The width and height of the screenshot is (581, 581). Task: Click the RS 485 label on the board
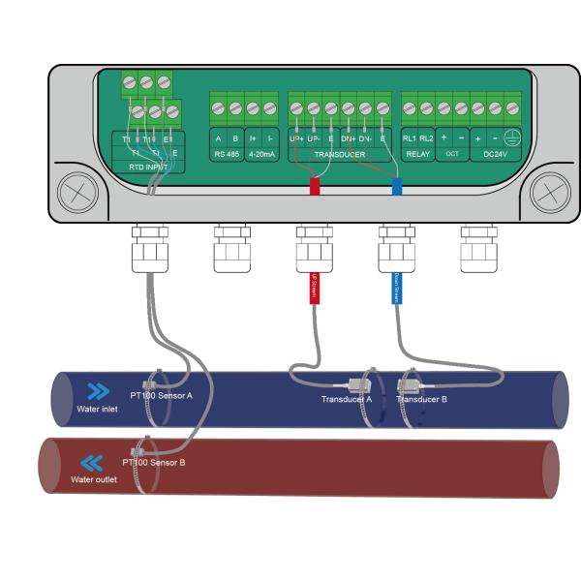click(227, 154)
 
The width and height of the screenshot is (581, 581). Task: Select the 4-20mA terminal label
click(261, 154)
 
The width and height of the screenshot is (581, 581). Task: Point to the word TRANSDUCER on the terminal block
click(340, 154)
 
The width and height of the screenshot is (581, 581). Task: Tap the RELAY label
click(418, 154)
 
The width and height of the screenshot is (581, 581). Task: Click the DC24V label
click(496, 154)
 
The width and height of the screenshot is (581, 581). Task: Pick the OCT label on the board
click(452, 154)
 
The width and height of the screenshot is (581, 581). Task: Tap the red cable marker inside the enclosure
click(315, 187)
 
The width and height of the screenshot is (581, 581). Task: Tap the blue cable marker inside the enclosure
click(397, 187)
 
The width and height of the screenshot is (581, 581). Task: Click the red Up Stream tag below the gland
click(314, 288)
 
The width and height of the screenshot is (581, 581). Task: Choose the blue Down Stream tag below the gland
click(395, 288)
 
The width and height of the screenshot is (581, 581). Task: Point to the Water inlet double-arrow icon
click(98, 392)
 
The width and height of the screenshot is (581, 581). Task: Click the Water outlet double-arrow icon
click(92, 463)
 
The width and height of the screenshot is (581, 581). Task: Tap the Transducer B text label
click(421, 399)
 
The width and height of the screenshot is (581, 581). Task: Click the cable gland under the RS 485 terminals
click(230, 253)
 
